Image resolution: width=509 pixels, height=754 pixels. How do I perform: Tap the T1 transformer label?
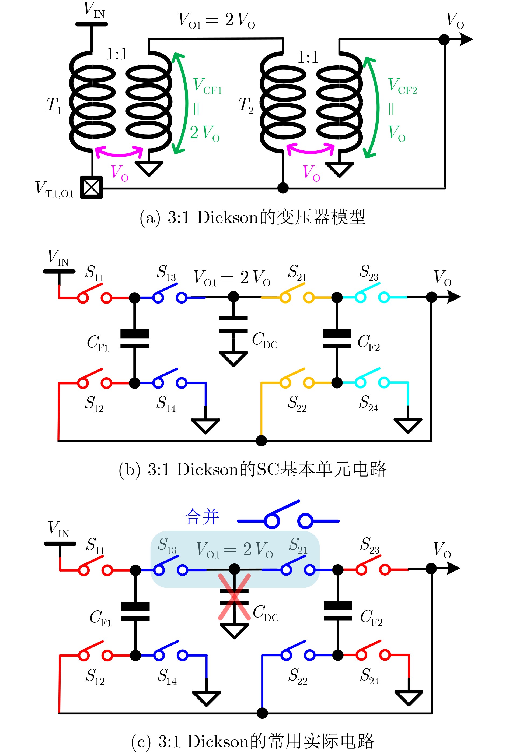point(54,105)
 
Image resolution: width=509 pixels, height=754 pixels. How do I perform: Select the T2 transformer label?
point(245,105)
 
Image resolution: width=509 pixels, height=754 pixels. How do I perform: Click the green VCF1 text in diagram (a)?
point(207,86)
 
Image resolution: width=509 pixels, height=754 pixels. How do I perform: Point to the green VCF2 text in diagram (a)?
point(403,86)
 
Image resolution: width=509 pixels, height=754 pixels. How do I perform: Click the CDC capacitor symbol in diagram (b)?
point(233,325)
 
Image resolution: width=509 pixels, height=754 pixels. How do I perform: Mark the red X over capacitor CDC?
point(234,597)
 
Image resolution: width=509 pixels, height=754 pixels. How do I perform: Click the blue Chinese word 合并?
point(202,517)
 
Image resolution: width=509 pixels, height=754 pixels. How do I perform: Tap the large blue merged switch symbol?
point(288,515)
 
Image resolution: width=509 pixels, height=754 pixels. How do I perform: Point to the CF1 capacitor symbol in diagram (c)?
point(135,611)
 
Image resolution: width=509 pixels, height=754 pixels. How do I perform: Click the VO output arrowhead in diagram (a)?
point(466,39)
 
